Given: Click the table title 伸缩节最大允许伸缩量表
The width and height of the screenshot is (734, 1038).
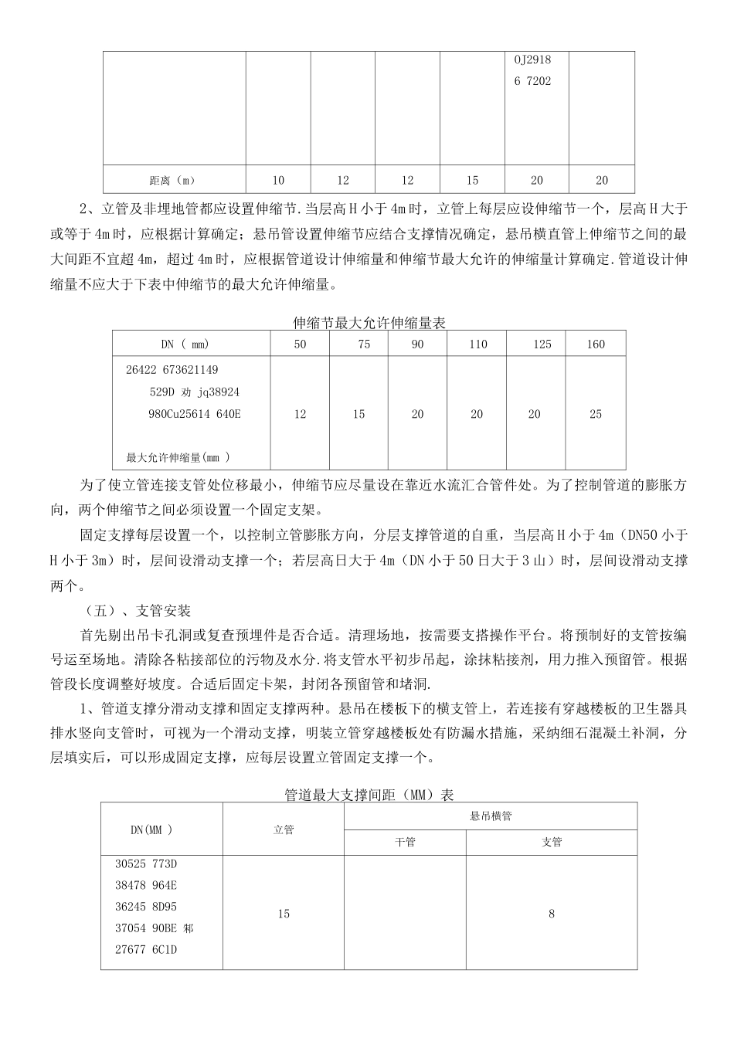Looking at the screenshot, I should (x=369, y=323).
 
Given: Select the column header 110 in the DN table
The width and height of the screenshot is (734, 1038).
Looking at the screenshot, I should (x=477, y=344).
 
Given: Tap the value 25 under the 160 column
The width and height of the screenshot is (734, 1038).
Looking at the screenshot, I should (x=595, y=415).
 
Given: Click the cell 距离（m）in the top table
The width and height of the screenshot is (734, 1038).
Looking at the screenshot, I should (x=173, y=181).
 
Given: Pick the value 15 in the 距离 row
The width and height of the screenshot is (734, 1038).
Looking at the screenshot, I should (x=472, y=181).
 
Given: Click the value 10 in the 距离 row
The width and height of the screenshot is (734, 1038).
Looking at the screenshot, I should (x=278, y=181).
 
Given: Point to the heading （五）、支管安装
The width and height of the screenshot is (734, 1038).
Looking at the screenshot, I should (x=137, y=611).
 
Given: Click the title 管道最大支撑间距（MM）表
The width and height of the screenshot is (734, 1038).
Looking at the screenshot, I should (x=369, y=794).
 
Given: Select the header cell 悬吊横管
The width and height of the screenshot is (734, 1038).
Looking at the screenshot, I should (x=491, y=816).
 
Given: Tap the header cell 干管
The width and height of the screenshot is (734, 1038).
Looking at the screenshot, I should (x=405, y=843).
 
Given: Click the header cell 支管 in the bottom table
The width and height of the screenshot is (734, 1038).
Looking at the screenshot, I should (x=552, y=843).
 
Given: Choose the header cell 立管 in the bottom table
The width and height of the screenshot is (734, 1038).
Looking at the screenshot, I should (x=284, y=829).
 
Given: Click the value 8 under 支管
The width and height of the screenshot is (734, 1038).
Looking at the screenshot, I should (x=552, y=914).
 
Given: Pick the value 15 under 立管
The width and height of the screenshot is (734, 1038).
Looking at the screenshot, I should (x=284, y=914).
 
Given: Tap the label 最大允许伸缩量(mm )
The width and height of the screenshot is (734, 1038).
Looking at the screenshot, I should (x=178, y=458).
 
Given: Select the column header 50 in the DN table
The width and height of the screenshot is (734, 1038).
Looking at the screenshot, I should (x=300, y=344).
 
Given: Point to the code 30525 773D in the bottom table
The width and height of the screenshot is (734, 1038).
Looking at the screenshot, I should (x=147, y=863).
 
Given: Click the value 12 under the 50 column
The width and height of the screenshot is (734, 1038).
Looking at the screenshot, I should (x=300, y=415).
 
